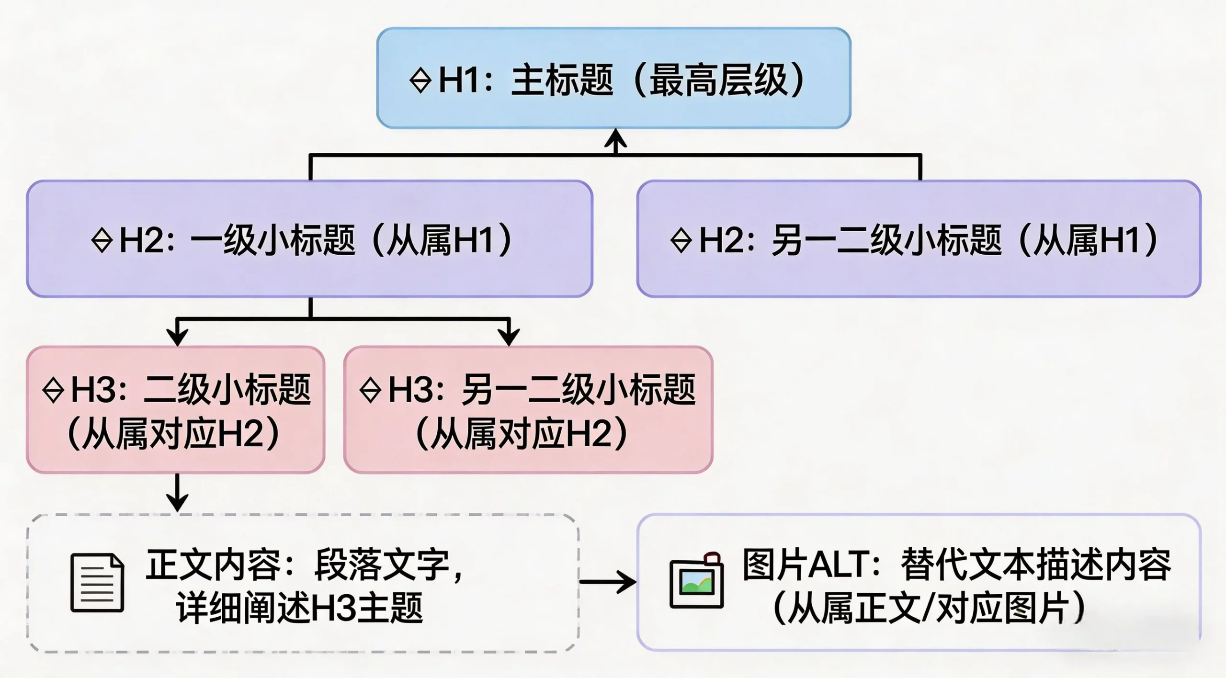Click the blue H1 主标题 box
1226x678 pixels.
[613, 78]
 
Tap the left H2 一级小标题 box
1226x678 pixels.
[309, 238]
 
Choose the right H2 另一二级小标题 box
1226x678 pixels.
[919, 238]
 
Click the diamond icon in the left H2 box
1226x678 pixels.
[102, 240]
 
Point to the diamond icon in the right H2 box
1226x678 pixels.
[681, 240]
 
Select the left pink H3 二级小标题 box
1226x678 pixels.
[175, 410]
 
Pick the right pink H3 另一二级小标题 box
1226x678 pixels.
[528, 410]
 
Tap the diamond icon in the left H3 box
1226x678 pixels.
[53, 390]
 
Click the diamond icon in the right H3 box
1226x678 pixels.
[370, 390]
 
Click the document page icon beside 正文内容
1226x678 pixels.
[97, 582]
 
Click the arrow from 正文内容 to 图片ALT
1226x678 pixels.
[608, 582]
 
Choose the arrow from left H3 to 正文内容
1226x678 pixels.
[177, 493]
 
